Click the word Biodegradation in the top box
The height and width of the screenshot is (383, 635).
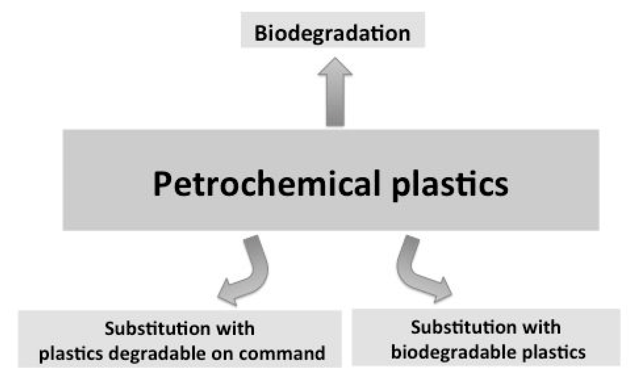pos(332,33)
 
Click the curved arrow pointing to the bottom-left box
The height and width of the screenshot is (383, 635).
pos(252,270)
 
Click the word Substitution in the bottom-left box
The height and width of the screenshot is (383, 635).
pos(157,329)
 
